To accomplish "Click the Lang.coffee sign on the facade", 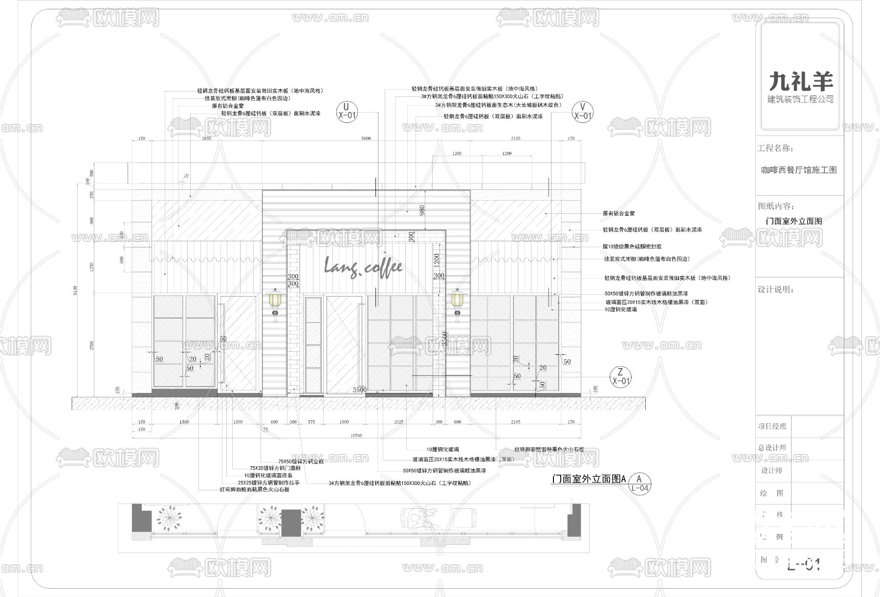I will (363, 268).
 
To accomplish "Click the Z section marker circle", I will (621, 376).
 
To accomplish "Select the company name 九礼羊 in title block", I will (801, 81).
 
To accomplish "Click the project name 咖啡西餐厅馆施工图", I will (799, 170).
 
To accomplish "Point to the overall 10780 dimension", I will (356, 436).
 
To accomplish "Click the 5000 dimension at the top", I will (366, 138).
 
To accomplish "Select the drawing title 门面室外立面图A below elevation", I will (589, 479).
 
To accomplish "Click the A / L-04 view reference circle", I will (639, 483).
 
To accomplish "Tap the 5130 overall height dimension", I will (75, 291).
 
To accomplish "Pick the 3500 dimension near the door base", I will (359, 390).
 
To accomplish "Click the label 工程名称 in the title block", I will (775, 148).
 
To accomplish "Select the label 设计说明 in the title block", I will (775, 290).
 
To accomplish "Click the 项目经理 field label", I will (772, 427).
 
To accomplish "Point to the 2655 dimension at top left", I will (206, 138).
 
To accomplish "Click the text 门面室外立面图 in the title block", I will (794, 221).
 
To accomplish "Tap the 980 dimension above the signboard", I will (422, 210).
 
